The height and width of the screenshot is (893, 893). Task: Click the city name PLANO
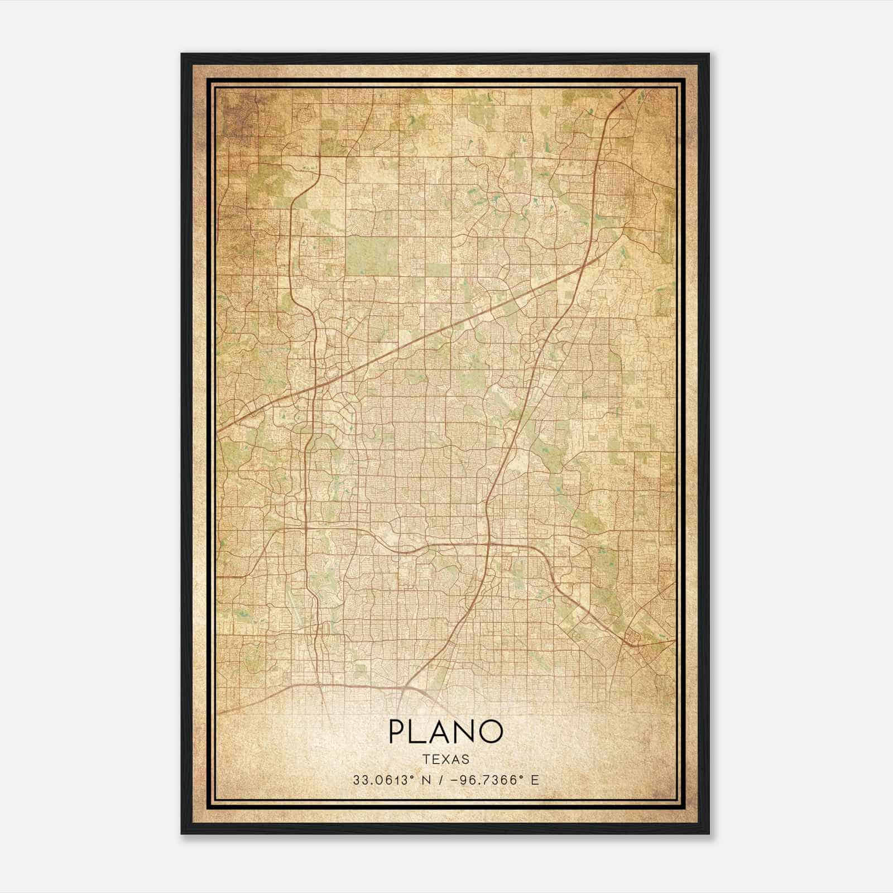point(445,731)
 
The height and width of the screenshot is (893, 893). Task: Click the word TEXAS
point(445,759)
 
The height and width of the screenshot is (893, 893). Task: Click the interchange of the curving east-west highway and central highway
point(489,542)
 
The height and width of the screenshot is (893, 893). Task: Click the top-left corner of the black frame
point(183,55)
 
